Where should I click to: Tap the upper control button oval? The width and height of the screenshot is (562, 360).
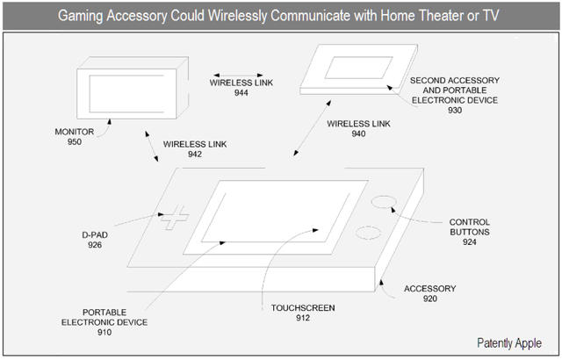380,202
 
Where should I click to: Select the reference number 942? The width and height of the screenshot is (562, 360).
194,155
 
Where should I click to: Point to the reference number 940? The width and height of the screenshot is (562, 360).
357,134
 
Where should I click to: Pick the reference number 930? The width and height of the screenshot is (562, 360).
453,112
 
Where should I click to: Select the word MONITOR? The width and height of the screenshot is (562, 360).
75,132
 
